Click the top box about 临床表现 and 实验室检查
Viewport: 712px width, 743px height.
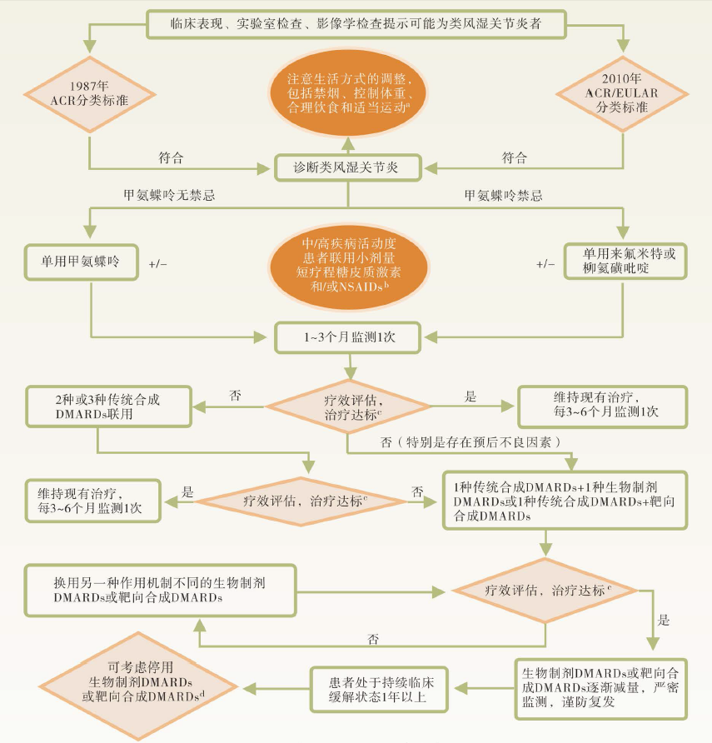click(x=356, y=23)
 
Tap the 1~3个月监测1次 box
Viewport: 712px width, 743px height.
click(x=348, y=338)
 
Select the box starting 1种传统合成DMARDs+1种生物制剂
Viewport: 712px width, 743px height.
click(x=567, y=501)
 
